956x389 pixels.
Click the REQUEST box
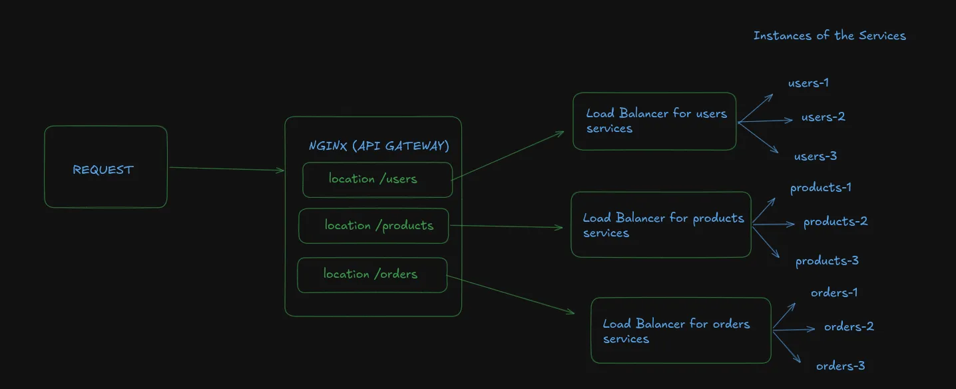(x=105, y=167)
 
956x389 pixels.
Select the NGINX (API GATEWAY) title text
(x=379, y=146)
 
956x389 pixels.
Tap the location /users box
(x=377, y=180)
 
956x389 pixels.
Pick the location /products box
(x=373, y=226)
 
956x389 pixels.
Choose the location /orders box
(x=371, y=274)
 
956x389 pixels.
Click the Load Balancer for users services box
(x=654, y=121)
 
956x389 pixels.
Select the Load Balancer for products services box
(x=660, y=225)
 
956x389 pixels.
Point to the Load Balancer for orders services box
(x=680, y=330)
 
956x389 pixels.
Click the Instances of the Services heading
(x=830, y=36)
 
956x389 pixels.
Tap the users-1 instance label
(x=808, y=83)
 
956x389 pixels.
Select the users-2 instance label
(x=823, y=117)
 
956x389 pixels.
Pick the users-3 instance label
(x=816, y=157)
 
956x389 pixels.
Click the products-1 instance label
(x=820, y=188)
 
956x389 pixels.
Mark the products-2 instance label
(x=836, y=222)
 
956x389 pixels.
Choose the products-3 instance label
(x=827, y=261)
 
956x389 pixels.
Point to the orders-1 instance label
(x=834, y=293)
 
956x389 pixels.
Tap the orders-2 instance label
(x=849, y=327)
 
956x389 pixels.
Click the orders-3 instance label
(x=840, y=366)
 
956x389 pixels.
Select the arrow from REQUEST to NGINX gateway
(x=226, y=169)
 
